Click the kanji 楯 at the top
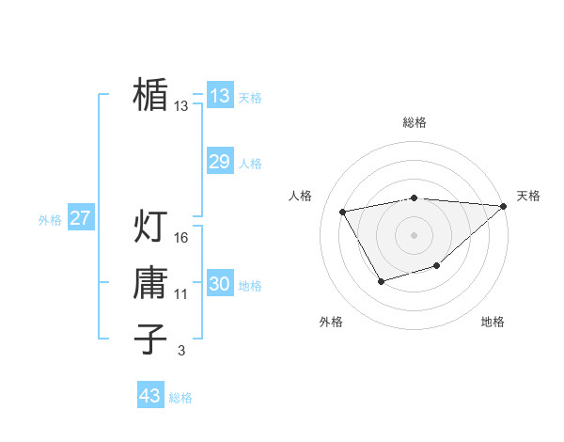point(150,94)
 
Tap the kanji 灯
point(150,226)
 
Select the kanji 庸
point(150,282)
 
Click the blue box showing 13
point(219,95)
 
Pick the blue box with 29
point(219,162)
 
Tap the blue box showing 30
point(219,284)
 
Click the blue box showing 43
point(149,396)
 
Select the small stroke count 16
point(182,238)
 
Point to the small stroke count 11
point(181,294)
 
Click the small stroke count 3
point(181,351)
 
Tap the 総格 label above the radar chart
point(415,122)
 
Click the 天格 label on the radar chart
point(528,196)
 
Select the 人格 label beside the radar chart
point(300,196)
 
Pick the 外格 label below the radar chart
point(331,322)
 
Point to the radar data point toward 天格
point(504,207)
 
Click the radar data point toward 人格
point(343,212)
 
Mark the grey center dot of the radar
point(414,235)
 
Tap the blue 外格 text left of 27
point(50,220)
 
